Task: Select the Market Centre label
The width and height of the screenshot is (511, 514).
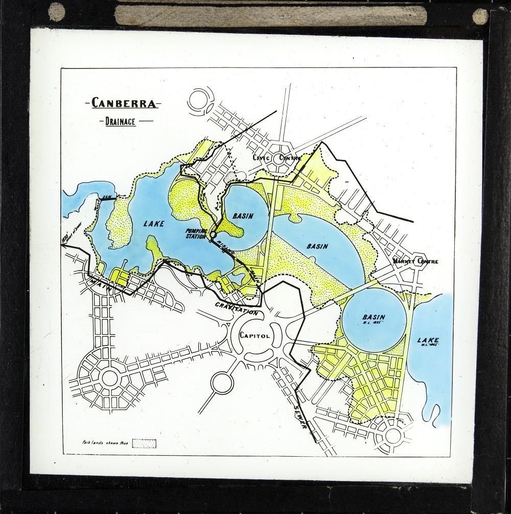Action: click(x=415, y=262)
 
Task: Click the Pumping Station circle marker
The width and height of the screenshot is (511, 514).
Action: click(x=213, y=235)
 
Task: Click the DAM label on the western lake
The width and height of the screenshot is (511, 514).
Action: click(x=107, y=196)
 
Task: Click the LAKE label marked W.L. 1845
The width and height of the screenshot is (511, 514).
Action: click(x=427, y=342)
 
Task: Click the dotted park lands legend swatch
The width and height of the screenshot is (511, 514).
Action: click(x=145, y=443)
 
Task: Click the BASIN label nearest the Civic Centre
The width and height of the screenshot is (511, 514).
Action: click(x=243, y=216)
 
